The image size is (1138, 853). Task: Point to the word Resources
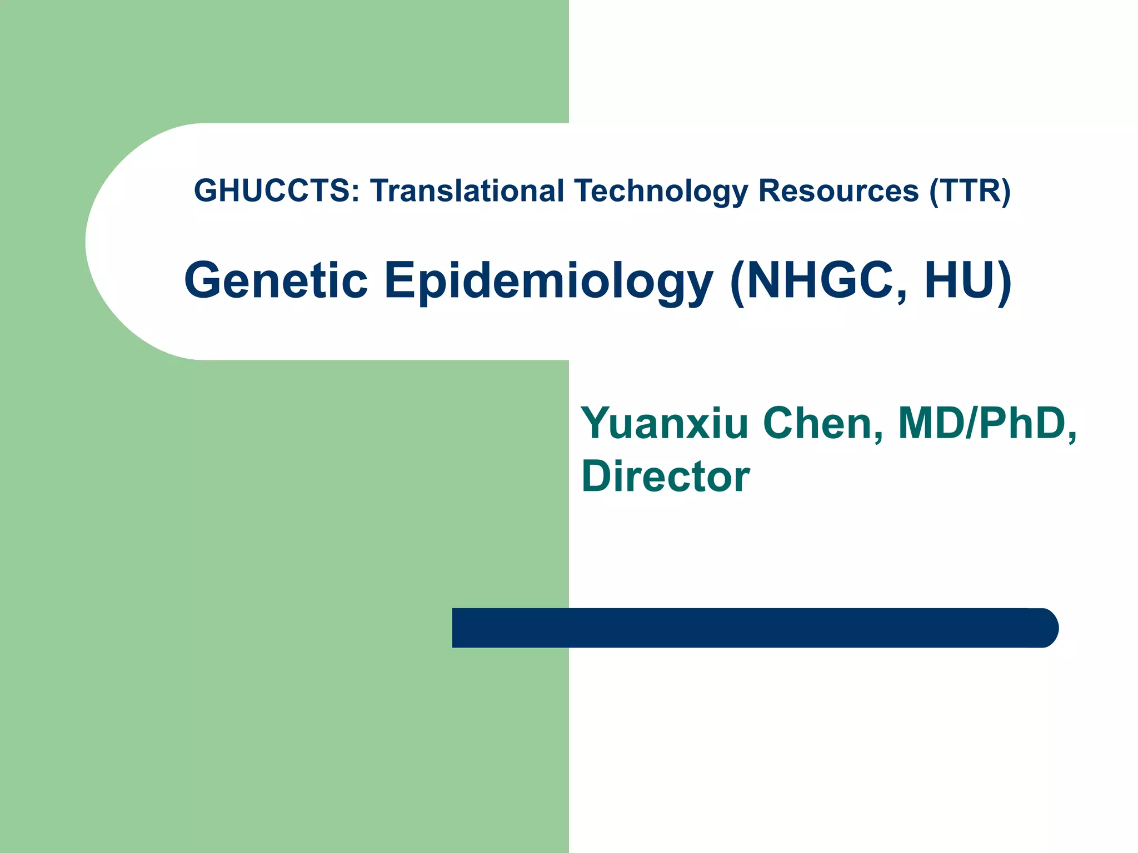[838, 191]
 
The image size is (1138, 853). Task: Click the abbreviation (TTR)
[970, 191]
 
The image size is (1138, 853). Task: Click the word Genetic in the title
[276, 280]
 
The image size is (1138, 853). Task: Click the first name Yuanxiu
[665, 424]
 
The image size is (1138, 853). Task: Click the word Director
[665, 476]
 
